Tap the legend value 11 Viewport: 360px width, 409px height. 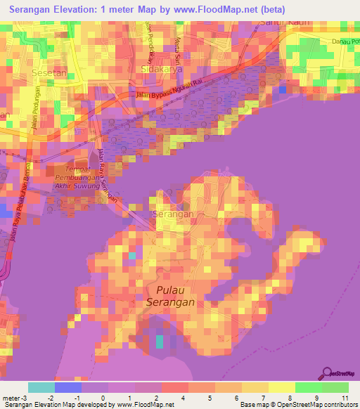345,397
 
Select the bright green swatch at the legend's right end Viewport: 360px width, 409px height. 335,387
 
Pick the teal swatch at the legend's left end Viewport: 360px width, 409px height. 41,387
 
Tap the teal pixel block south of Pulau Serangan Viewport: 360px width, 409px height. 159,342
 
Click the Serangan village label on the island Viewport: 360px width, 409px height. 172,213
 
